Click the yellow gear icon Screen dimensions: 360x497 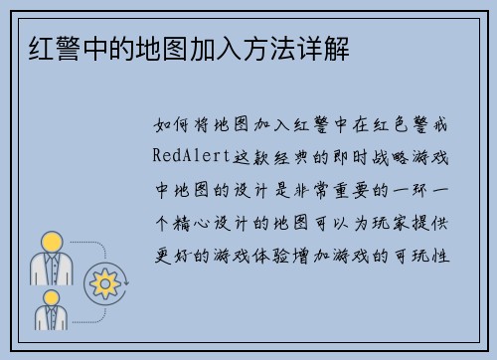(x=103, y=284)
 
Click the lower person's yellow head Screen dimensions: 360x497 (x=51, y=296)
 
